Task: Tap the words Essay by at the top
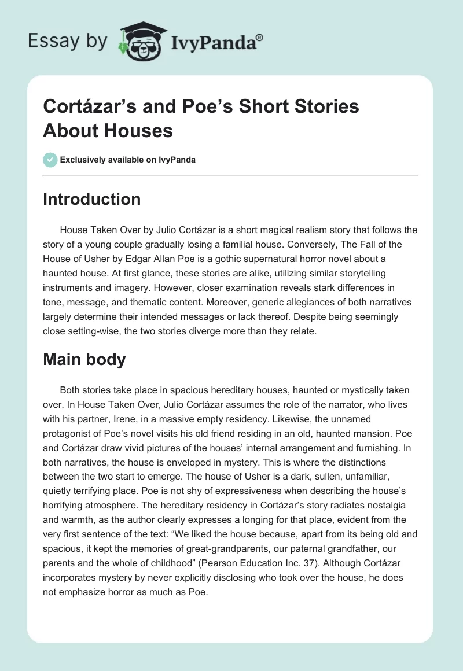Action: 68,41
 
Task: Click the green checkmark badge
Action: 50,160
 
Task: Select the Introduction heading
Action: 92,199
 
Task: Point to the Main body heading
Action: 84,359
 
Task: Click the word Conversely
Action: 319,244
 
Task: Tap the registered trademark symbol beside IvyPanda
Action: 260,37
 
